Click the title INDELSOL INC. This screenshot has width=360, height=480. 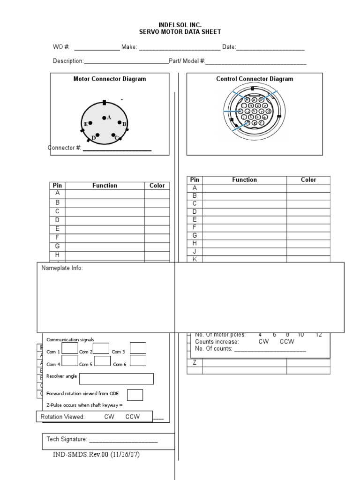pyautogui.click(x=180, y=24)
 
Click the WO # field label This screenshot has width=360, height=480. pyautogui.click(x=61, y=47)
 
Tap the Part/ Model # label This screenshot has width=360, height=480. pyautogui.click(x=187, y=61)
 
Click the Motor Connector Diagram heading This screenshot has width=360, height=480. pyautogui.click(x=110, y=79)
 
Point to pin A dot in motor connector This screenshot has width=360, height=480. pyautogui.click(x=104, y=118)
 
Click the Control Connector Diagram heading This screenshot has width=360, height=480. pyautogui.click(x=255, y=79)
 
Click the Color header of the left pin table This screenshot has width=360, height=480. pyautogui.click(x=157, y=186)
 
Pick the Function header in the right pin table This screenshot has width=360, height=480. pyautogui.click(x=244, y=180)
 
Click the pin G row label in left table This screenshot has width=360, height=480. pyautogui.click(x=58, y=246)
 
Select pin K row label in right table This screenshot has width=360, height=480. pyautogui.click(x=195, y=259)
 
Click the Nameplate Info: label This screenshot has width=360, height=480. pyautogui.click(x=62, y=268)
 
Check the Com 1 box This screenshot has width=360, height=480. pyautogui.click(x=70, y=348)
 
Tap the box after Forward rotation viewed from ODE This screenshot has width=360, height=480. pyautogui.click(x=135, y=395)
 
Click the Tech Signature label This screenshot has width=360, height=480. pyautogui.click(x=67, y=439)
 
